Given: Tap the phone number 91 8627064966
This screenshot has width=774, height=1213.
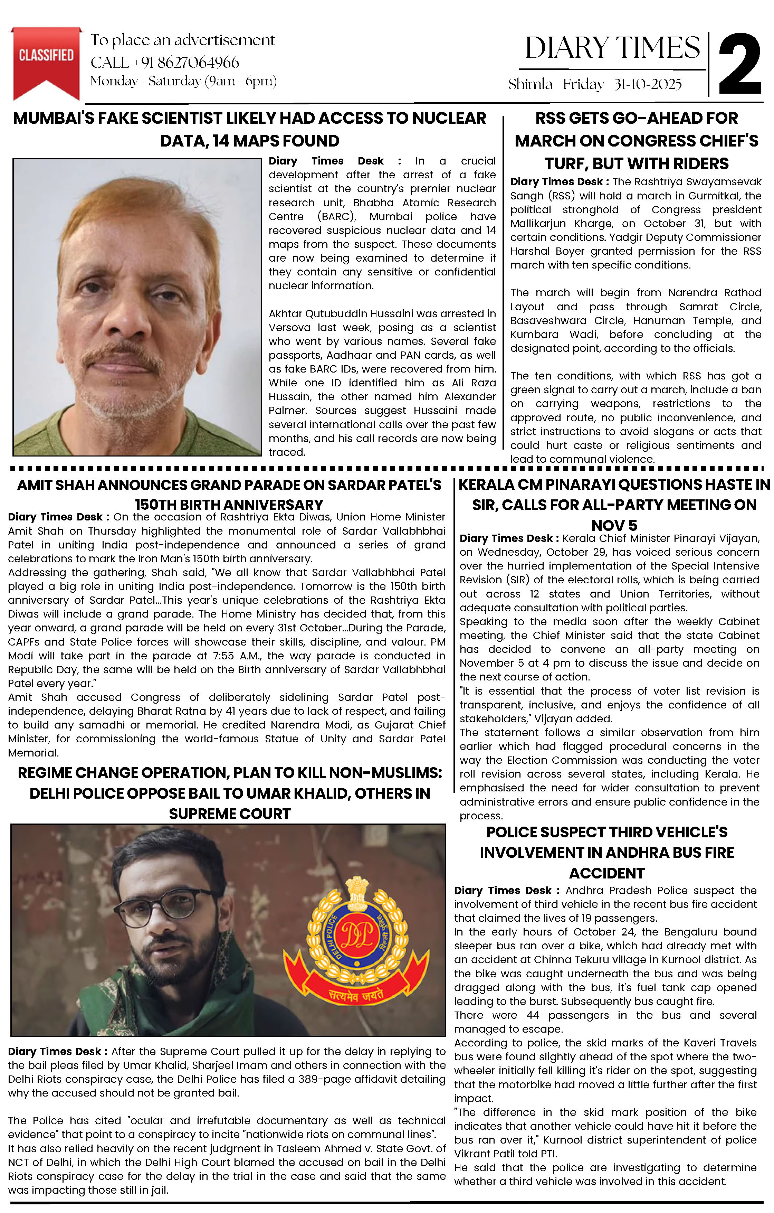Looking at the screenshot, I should [190, 63].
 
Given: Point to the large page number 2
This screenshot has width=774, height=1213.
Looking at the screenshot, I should [739, 65].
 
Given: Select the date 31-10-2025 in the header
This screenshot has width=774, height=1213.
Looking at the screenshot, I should [648, 84].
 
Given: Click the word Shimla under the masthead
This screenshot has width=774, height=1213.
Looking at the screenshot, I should [530, 84].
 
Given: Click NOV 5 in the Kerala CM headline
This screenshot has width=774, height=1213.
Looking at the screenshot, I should [614, 525].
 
